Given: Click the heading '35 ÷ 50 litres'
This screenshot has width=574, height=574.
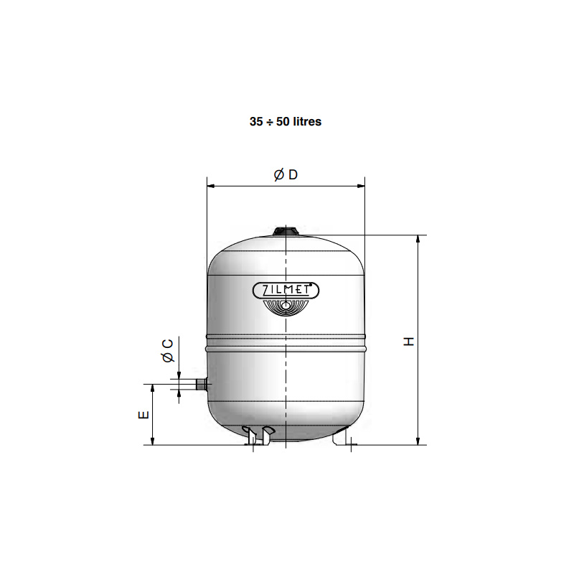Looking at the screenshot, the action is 286,121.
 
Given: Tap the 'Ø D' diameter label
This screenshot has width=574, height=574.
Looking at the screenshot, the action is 286,174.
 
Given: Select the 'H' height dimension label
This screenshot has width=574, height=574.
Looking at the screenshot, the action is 408,342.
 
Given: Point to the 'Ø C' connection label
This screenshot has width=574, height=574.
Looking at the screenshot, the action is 168,350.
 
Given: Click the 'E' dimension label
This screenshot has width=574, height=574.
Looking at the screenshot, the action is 143,415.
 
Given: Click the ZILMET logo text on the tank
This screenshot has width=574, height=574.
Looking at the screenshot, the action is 286,291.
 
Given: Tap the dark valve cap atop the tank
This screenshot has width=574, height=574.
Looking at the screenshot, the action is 286,231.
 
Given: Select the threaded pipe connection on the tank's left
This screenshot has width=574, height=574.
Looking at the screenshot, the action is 202,385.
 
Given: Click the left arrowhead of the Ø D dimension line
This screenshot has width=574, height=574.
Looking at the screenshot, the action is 210,186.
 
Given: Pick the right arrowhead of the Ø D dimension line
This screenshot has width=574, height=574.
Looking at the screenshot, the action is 361,186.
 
